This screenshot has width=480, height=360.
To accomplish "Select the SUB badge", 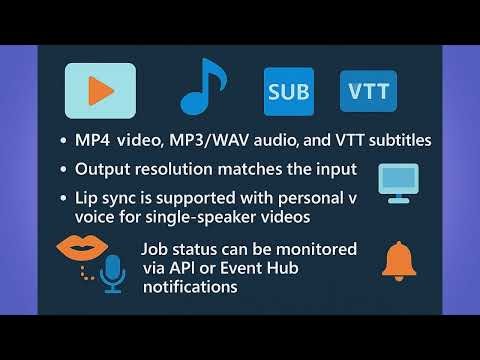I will (x=288, y=93).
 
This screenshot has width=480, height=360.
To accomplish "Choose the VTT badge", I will (x=368, y=93).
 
